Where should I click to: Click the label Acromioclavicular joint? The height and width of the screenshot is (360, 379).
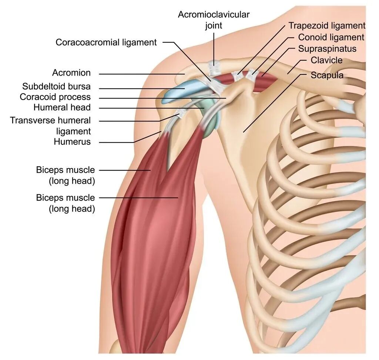pos(214,20)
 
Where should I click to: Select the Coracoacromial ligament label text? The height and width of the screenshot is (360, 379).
pos(106,42)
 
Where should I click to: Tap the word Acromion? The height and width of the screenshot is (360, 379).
pos(71,73)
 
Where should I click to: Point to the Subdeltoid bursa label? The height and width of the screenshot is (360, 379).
pos(56,87)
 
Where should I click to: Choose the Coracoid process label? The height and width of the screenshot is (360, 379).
pos(55,97)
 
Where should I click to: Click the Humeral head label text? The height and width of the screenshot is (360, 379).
pos(62,107)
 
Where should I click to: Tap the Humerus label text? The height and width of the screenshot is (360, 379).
pos(72,141)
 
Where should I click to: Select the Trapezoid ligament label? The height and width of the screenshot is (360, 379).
pos(327,26)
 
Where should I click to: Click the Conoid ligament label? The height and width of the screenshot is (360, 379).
pos(331,37)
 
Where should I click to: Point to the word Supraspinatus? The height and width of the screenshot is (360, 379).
pos(327,49)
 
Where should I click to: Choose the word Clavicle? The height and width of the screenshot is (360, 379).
pos(326,60)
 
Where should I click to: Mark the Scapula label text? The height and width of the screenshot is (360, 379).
pos(327,75)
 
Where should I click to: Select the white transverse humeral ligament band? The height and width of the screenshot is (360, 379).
pos(182,113)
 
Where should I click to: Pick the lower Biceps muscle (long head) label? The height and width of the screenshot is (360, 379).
pos(66,203)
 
